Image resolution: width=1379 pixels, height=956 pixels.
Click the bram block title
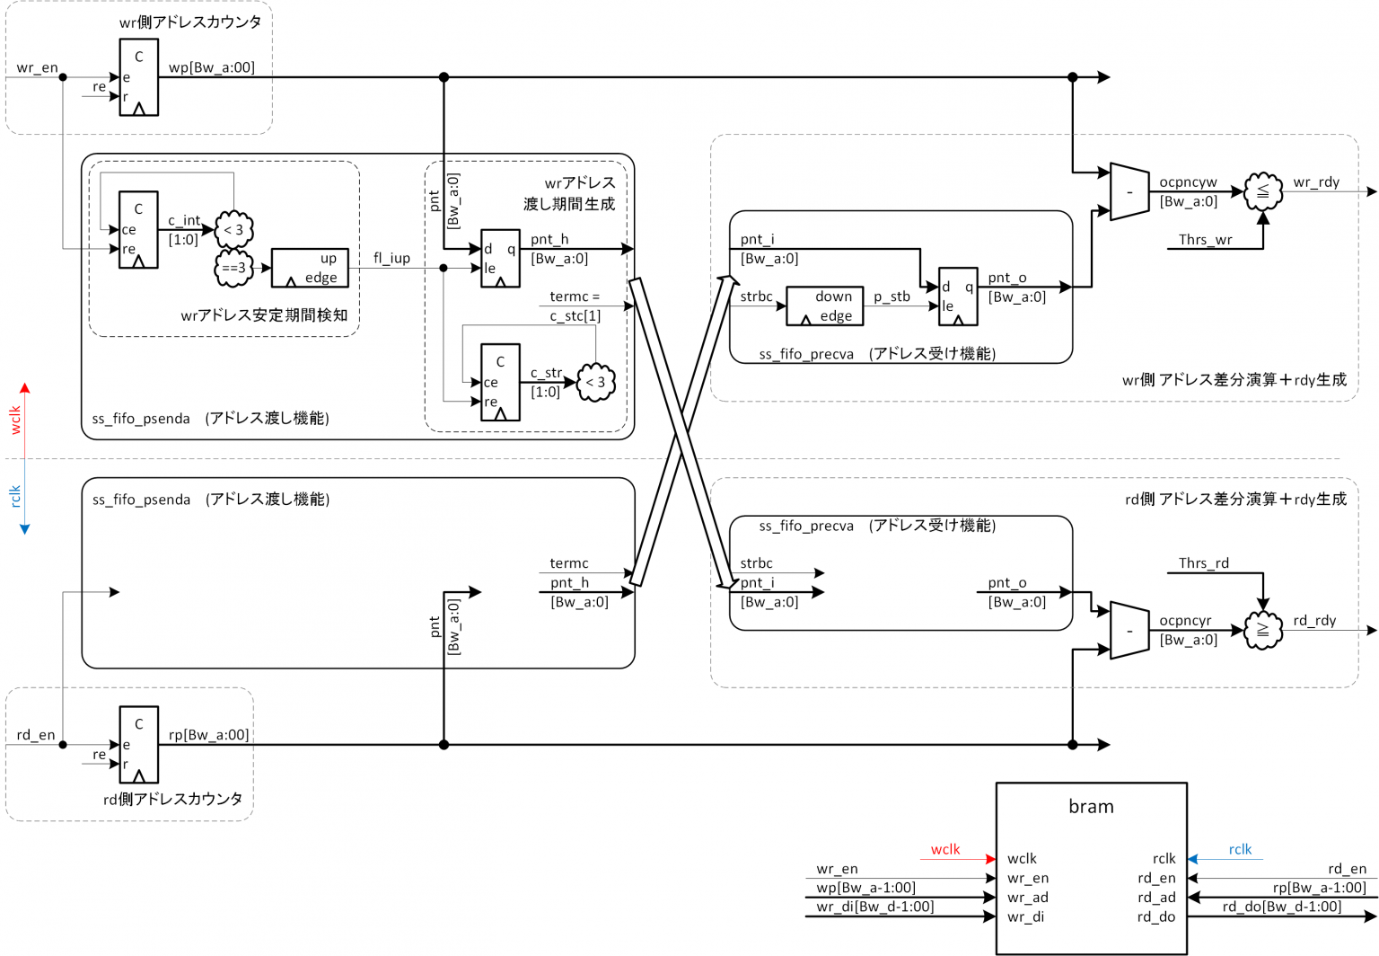point(1091,807)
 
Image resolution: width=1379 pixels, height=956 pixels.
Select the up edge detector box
point(310,268)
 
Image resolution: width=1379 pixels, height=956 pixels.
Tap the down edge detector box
point(824,305)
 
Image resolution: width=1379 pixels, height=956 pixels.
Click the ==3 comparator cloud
point(233,268)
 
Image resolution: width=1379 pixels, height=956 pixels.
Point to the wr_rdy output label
point(1316,182)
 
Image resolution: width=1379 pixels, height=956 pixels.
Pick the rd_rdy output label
point(1314,621)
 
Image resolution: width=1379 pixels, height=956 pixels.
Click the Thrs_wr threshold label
point(1205,240)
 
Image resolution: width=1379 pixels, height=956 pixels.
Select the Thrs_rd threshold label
point(1203,563)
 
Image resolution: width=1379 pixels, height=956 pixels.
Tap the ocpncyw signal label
point(1188,182)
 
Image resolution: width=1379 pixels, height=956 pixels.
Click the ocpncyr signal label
point(1185,621)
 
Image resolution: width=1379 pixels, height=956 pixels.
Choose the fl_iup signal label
point(391,259)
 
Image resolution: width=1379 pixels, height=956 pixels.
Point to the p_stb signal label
point(892,297)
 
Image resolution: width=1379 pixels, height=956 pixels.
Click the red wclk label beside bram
point(944,850)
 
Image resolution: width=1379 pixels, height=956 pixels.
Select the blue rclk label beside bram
point(1240,850)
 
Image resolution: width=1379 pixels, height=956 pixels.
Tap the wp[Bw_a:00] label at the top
point(212,67)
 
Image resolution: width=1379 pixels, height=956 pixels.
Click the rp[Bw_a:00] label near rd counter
point(208,735)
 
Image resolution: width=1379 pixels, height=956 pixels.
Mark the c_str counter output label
point(546,373)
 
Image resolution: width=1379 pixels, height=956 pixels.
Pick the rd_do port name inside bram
point(1155,917)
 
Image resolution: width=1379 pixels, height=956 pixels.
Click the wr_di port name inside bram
point(1026,917)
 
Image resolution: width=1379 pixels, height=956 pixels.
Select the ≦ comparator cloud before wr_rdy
point(1263,191)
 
